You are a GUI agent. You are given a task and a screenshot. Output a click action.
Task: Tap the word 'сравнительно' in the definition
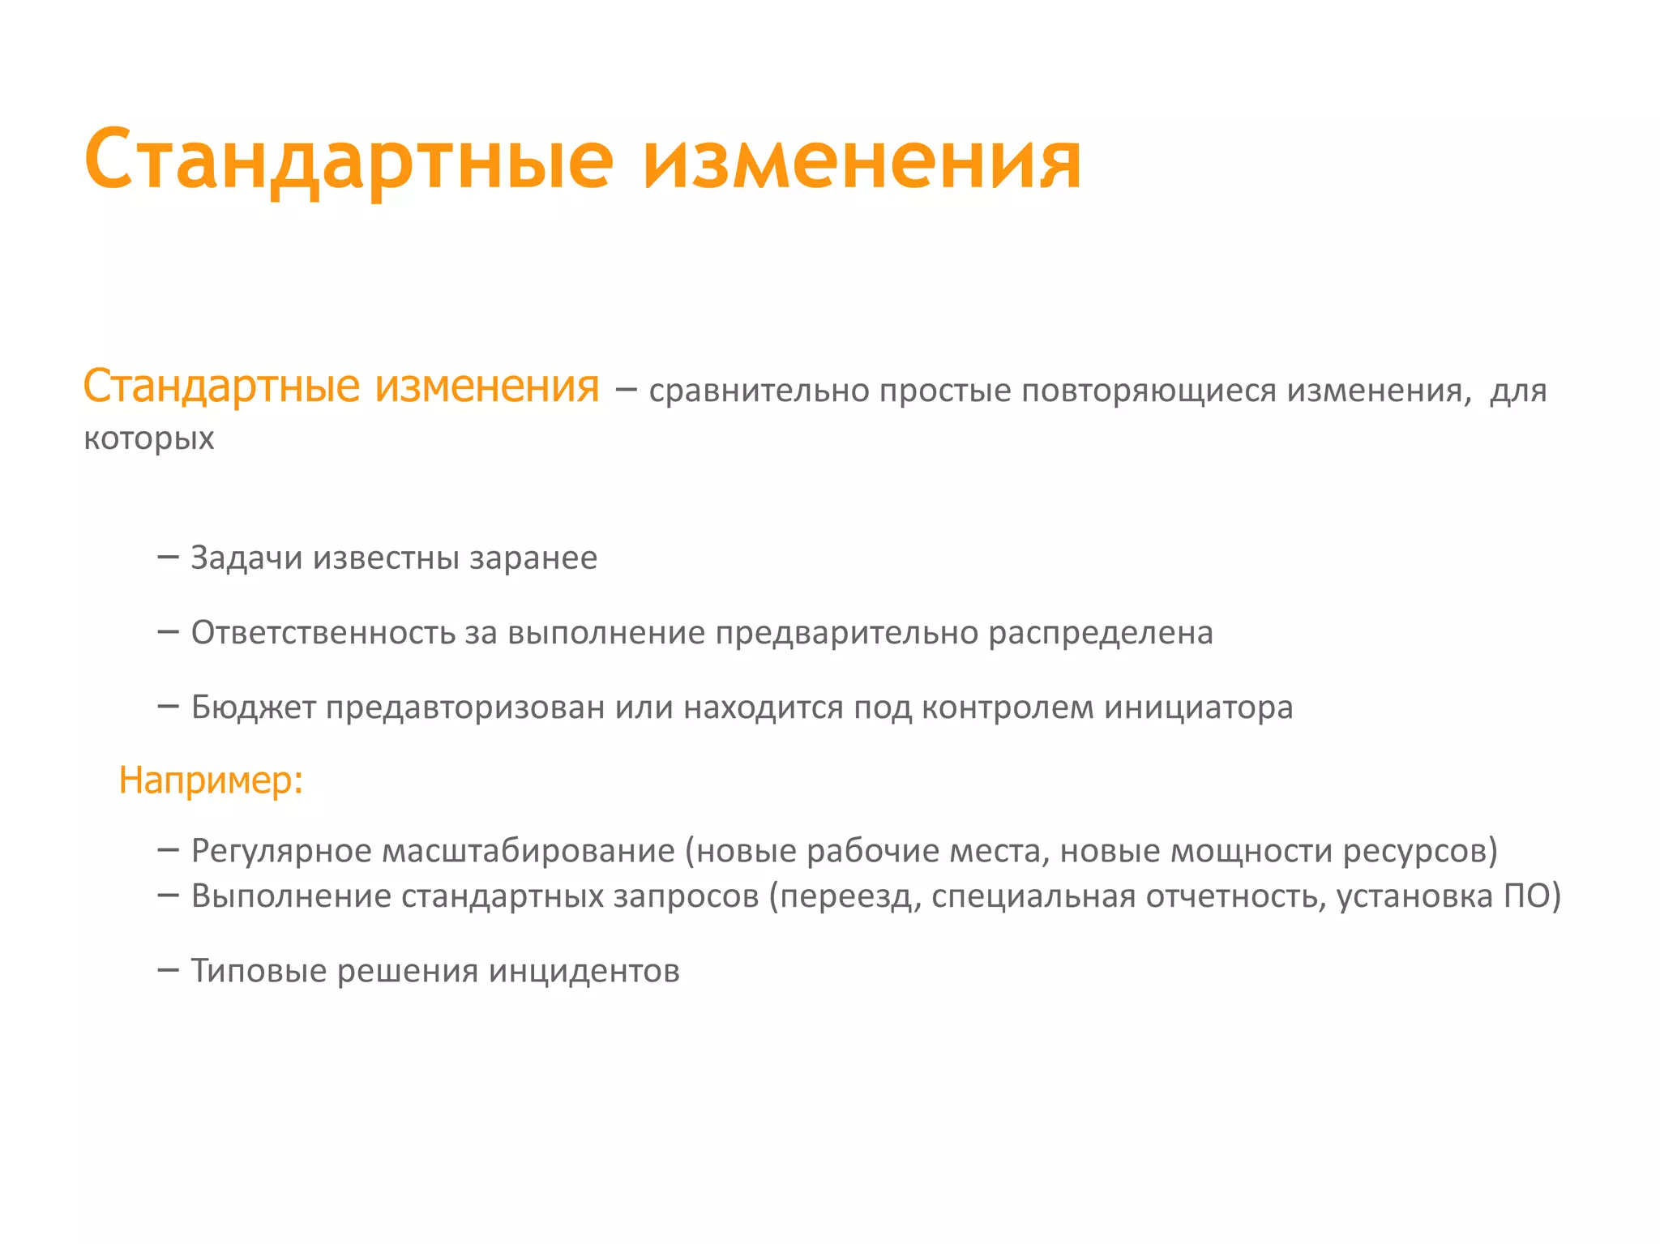pos(759,391)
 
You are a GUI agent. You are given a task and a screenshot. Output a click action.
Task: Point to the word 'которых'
pos(149,438)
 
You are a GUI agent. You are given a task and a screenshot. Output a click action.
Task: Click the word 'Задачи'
pos(246,558)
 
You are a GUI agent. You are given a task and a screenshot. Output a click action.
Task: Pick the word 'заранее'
pos(533,558)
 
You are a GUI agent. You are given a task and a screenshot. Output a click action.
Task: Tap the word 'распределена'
pos(1100,633)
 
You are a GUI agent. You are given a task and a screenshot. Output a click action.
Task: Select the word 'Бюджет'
pos(253,707)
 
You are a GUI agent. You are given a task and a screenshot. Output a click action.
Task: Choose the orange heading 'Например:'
pos(211,780)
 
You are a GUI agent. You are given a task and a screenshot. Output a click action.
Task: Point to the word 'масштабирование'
pos(528,851)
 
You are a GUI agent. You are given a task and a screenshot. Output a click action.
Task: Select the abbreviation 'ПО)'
pos(1532,896)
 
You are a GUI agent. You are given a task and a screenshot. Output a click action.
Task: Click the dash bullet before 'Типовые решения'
pos(168,969)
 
